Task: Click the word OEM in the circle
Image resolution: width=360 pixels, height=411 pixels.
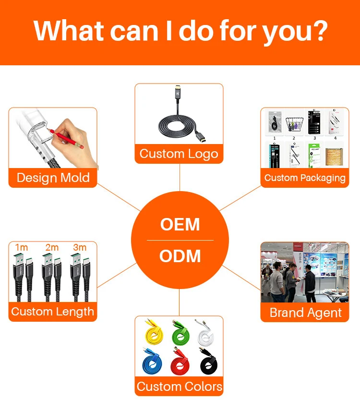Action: [180, 225]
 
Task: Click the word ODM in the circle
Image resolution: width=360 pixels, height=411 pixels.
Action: [180, 256]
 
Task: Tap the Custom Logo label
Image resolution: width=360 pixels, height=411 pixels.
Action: [179, 154]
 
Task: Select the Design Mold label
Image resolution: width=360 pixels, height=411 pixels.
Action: [53, 178]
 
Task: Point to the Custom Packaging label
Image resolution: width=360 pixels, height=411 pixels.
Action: [305, 178]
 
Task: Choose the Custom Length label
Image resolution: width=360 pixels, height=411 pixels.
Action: [53, 312]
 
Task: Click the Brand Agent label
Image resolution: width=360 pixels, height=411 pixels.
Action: [305, 313]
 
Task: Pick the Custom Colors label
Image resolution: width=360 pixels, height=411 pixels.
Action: [179, 387]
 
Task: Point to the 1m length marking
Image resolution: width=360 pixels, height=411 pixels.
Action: [22, 247]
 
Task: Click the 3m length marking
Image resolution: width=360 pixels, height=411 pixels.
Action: [80, 247]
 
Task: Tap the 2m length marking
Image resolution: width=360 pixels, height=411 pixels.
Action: [51, 247]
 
